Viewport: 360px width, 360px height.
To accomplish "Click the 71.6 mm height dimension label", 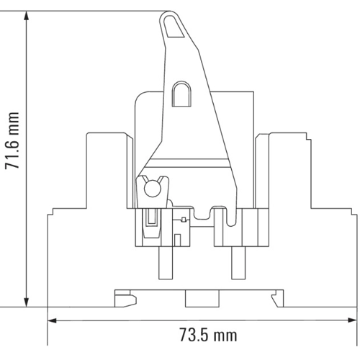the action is point(12,140).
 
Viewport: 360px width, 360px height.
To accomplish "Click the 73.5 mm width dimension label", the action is point(208,335).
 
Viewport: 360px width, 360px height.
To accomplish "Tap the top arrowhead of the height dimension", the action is point(27,17).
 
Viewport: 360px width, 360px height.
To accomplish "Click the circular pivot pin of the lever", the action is point(152,189).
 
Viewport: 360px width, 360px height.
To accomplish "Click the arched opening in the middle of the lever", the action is point(182,94).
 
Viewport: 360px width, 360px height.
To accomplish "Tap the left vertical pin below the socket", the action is point(166,263).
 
